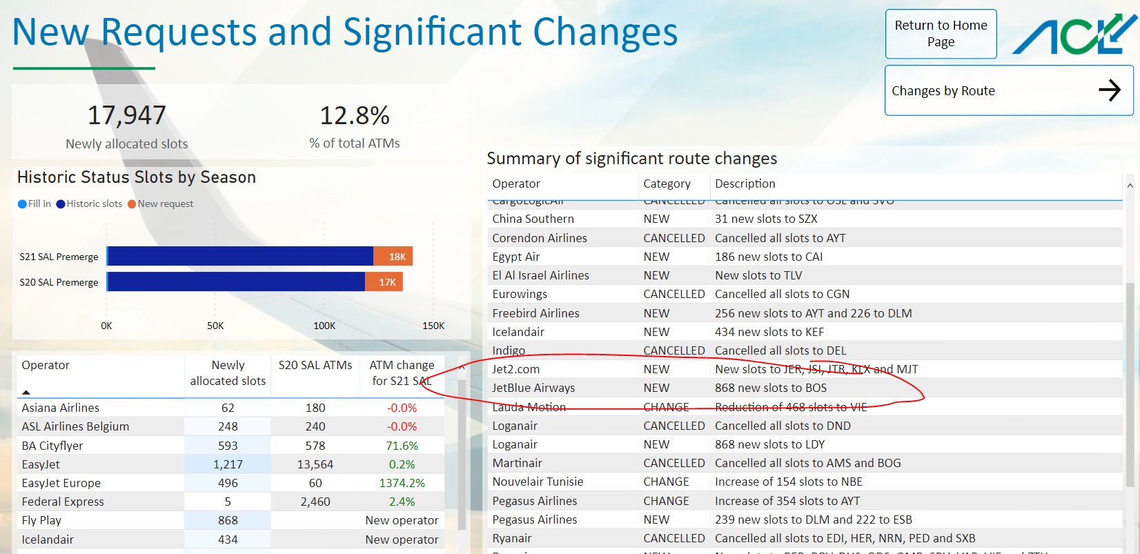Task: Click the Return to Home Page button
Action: pos(941,34)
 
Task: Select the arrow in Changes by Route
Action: pos(1109,90)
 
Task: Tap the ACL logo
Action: pos(1074,34)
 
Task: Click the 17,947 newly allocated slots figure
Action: pos(127,116)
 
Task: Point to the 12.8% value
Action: pos(355,116)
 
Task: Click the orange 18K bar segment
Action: pos(393,257)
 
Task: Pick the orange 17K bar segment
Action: pos(384,282)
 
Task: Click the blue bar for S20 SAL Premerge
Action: pos(236,282)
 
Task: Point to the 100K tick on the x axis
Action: pos(324,326)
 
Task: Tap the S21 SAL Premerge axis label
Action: pos(59,257)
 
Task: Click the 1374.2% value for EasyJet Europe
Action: pos(402,483)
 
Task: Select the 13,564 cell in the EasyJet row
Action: pos(315,464)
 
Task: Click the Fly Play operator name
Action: pos(41,520)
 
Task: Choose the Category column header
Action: pos(667,184)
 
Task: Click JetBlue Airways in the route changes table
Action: pos(533,388)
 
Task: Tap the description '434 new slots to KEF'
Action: pos(769,332)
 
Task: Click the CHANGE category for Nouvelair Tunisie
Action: pos(666,482)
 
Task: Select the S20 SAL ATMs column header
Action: pos(315,365)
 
